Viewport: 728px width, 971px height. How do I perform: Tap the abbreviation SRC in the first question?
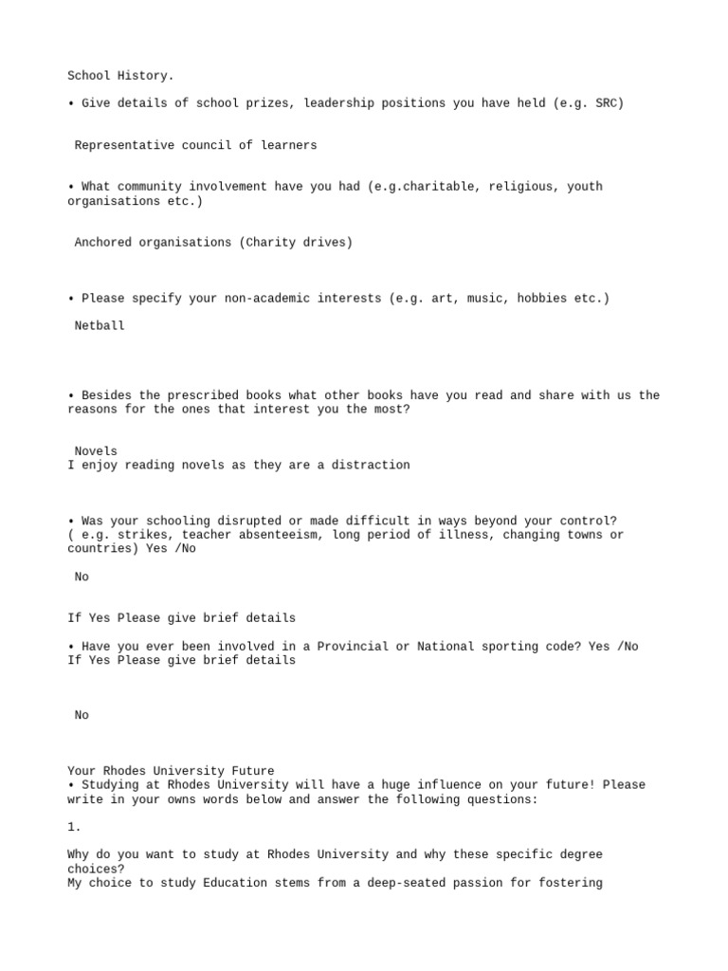point(607,103)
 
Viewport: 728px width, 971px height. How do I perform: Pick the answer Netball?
point(100,326)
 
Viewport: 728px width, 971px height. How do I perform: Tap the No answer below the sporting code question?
point(82,716)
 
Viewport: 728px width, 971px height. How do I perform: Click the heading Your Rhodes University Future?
point(172,771)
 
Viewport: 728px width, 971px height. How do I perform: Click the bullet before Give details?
point(71,103)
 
